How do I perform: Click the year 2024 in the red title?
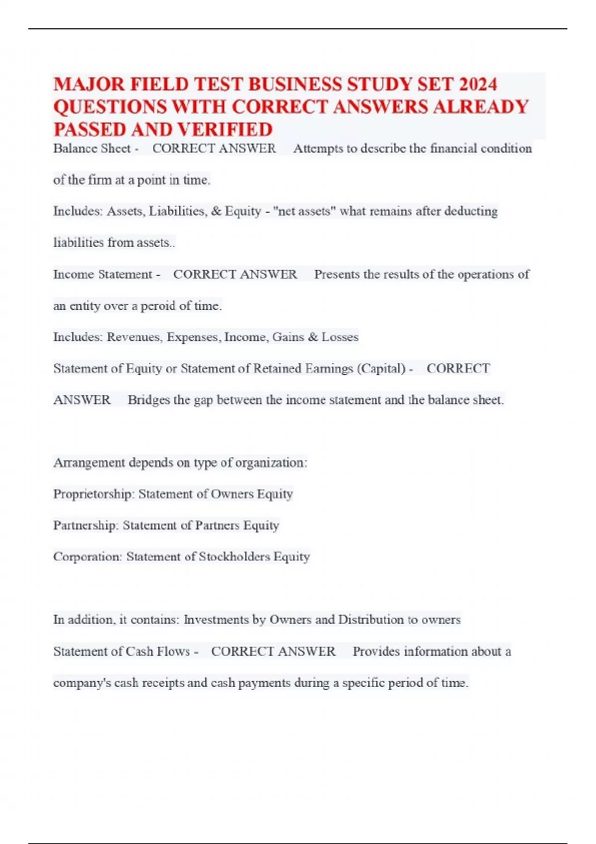point(477,84)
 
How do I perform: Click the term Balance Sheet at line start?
point(92,148)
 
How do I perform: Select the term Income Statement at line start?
point(103,275)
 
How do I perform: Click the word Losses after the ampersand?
point(340,337)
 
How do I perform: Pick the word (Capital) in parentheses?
point(381,369)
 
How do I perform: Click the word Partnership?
point(85,526)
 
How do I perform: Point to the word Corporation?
point(87,557)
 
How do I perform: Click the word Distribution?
point(371,620)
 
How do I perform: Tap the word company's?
point(82,683)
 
